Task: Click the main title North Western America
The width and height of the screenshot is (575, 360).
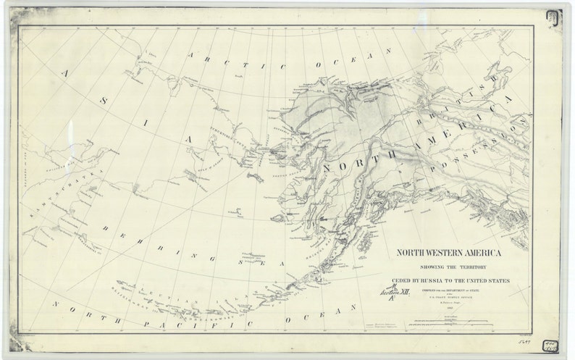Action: pos(449,254)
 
